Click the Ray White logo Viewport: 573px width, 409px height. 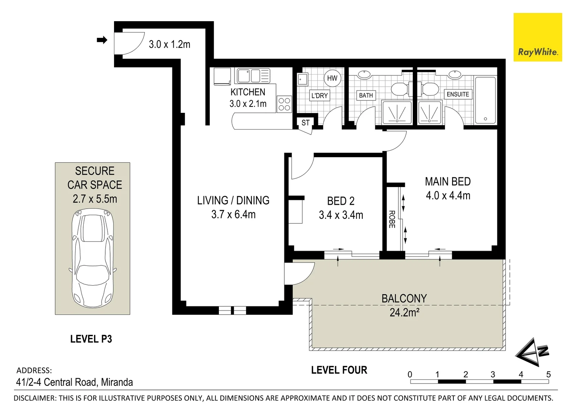(538, 37)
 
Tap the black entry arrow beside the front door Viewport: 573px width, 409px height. (102, 40)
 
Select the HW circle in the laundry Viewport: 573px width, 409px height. (332, 78)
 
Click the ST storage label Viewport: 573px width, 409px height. (305, 123)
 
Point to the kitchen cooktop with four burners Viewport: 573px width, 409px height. (284, 104)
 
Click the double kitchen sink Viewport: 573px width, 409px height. (253, 76)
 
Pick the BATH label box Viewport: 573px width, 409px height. (366, 95)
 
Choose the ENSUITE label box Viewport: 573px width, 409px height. (457, 94)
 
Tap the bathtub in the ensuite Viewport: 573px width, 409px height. (485, 100)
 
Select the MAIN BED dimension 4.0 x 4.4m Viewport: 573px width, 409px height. (448, 196)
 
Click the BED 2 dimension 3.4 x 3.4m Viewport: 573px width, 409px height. (341, 215)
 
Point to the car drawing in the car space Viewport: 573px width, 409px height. (93, 258)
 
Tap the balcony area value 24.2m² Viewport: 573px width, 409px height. (404, 312)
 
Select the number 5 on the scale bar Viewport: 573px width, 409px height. (548, 375)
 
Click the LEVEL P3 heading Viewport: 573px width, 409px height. (91, 339)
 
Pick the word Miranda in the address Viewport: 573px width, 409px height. (117, 382)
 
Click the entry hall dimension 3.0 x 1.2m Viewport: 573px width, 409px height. (170, 45)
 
